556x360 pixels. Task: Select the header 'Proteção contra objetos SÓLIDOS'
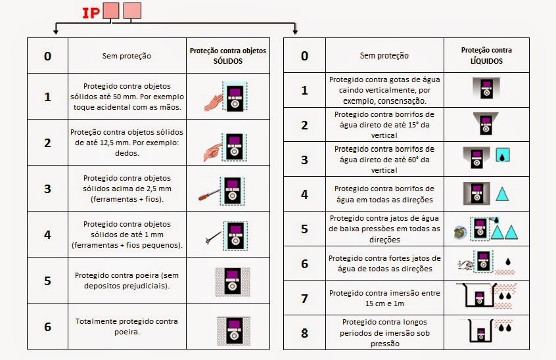228,55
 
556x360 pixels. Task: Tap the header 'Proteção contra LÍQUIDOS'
486,55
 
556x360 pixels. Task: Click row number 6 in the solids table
47,326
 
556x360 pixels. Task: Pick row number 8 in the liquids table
304,332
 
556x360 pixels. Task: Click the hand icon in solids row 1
214,101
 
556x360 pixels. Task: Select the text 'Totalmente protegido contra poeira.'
126,326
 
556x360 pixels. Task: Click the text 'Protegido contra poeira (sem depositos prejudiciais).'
126,280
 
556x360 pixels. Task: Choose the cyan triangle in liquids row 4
502,194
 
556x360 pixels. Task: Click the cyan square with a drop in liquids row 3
501,157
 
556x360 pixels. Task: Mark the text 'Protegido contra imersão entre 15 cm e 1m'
384,298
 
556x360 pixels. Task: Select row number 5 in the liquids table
304,229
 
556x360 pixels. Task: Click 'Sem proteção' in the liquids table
384,56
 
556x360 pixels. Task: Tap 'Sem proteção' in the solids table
126,56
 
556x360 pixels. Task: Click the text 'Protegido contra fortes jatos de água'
384,263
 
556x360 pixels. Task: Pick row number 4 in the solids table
47,235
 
